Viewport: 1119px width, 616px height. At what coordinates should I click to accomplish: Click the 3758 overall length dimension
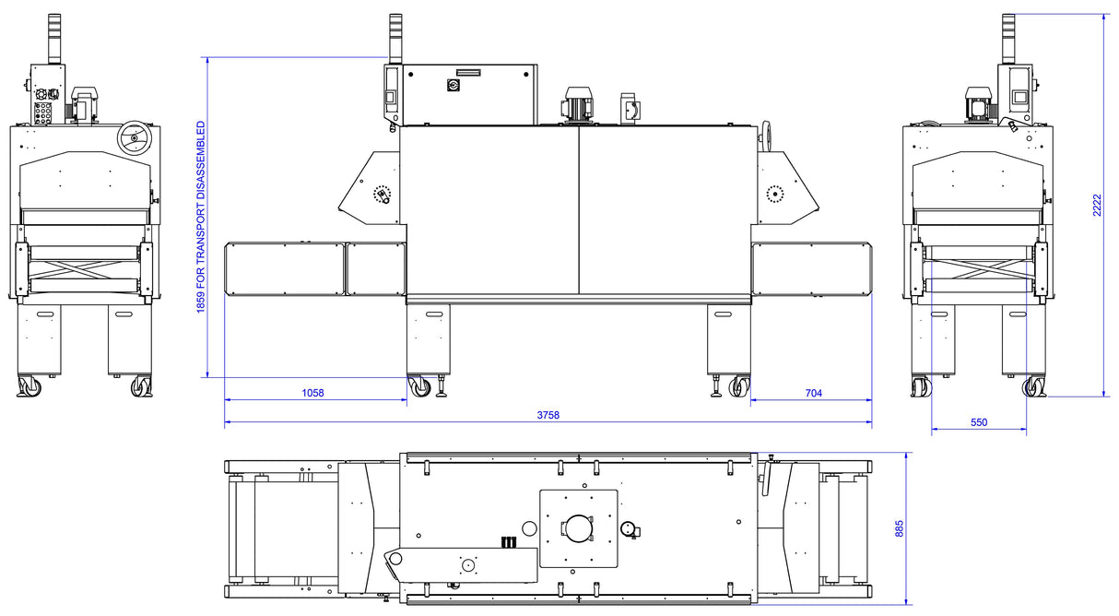(548, 415)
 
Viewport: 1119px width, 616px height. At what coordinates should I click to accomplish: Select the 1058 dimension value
(312, 393)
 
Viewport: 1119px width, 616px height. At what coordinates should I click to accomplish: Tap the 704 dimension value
(813, 393)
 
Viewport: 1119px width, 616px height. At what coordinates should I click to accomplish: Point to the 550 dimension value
(979, 422)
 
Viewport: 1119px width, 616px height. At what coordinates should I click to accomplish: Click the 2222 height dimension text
(1097, 205)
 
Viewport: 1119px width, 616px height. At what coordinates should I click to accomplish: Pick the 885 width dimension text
(900, 528)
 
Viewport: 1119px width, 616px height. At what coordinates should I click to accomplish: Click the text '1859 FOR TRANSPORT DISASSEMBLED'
(201, 217)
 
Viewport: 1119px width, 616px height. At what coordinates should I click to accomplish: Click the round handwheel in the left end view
(135, 137)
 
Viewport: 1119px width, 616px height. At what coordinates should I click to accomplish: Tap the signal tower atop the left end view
(54, 39)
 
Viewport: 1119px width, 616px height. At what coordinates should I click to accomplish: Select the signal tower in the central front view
(395, 39)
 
